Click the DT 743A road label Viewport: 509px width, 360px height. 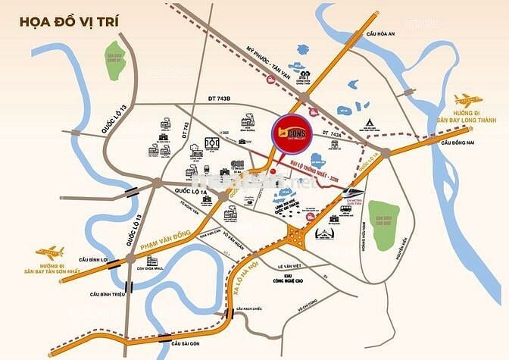[333, 133]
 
